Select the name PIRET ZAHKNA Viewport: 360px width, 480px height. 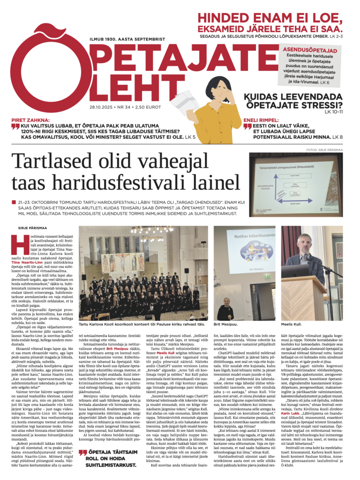click(x=32, y=120)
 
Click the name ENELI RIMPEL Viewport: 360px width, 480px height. click(x=263, y=120)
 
